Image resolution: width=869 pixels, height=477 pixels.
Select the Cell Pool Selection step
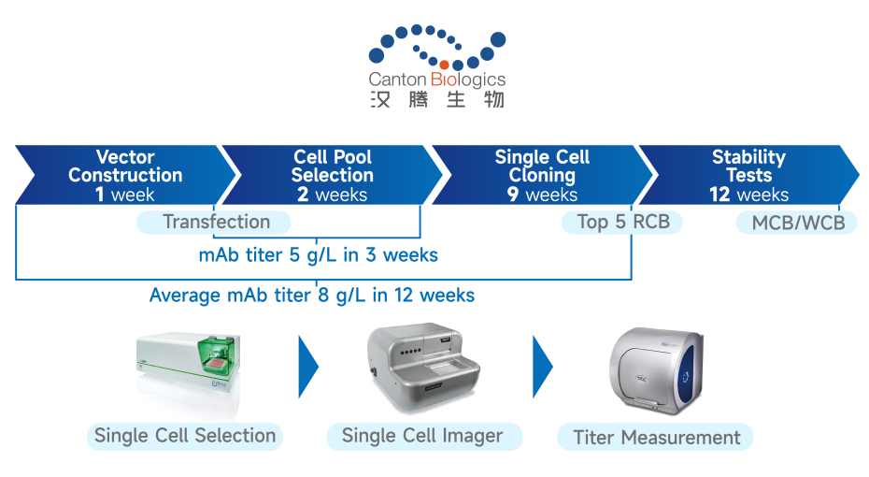[x=332, y=175]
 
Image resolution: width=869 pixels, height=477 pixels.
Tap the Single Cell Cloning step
[x=542, y=175]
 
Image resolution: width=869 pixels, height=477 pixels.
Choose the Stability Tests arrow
[x=748, y=175]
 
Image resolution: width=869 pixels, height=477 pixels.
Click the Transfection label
[x=215, y=222]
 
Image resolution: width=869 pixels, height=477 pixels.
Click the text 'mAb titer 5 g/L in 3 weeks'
[x=318, y=254]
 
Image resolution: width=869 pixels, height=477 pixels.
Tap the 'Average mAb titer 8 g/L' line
[x=311, y=296]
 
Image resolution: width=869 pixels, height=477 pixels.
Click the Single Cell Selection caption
[x=185, y=435]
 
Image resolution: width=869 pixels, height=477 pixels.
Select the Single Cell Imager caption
[x=422, y=435]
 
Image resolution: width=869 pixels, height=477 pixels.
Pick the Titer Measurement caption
[x=656, y=437]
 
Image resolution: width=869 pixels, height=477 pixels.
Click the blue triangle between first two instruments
[x=307, y=366]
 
